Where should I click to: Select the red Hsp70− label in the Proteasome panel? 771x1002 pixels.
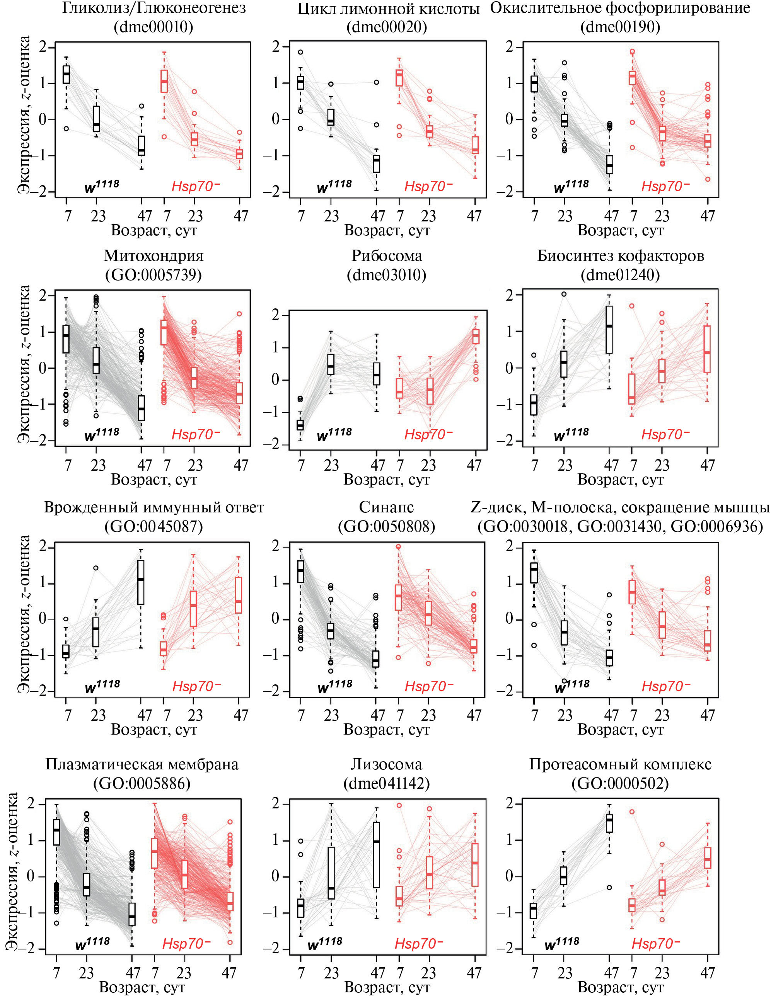tap(656, 943)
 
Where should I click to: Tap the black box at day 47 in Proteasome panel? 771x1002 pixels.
tap(609, 823)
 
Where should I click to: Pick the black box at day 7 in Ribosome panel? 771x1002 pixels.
tap(300, 425)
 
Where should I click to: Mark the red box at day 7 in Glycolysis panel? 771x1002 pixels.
tap(164, 81)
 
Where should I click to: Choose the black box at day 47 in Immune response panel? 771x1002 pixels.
tap(141, 582)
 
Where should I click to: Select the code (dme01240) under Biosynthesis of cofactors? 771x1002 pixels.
tap(620, 275)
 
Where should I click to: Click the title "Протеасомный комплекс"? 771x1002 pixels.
tap(620, 764)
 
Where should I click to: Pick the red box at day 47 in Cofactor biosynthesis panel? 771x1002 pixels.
tap(707, 349)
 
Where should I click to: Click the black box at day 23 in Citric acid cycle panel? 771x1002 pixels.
tap(331, 117)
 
